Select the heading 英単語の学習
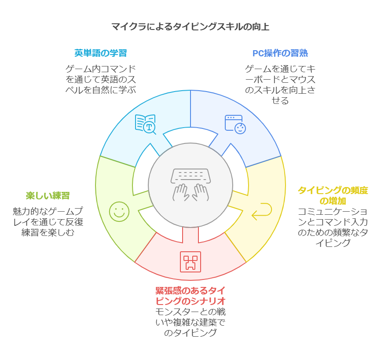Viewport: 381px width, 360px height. pos(101,53)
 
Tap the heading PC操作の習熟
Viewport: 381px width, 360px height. pos(280,53)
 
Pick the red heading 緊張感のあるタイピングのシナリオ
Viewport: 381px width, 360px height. pos(190,296)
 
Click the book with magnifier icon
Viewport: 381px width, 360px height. pos(146,123)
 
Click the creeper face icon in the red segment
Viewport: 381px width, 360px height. pos(190,261)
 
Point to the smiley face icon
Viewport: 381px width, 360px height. pos(118,211)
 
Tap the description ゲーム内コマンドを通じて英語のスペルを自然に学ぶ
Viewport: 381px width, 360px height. pos(101,79)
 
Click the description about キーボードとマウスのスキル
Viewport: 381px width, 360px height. pos(280,84)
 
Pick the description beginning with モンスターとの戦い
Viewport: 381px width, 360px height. pos(190,322)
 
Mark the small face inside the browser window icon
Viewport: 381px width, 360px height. pos(240,128)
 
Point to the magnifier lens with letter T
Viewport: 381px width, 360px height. pos(150,127)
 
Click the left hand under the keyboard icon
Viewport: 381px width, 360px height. pos(181,192)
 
